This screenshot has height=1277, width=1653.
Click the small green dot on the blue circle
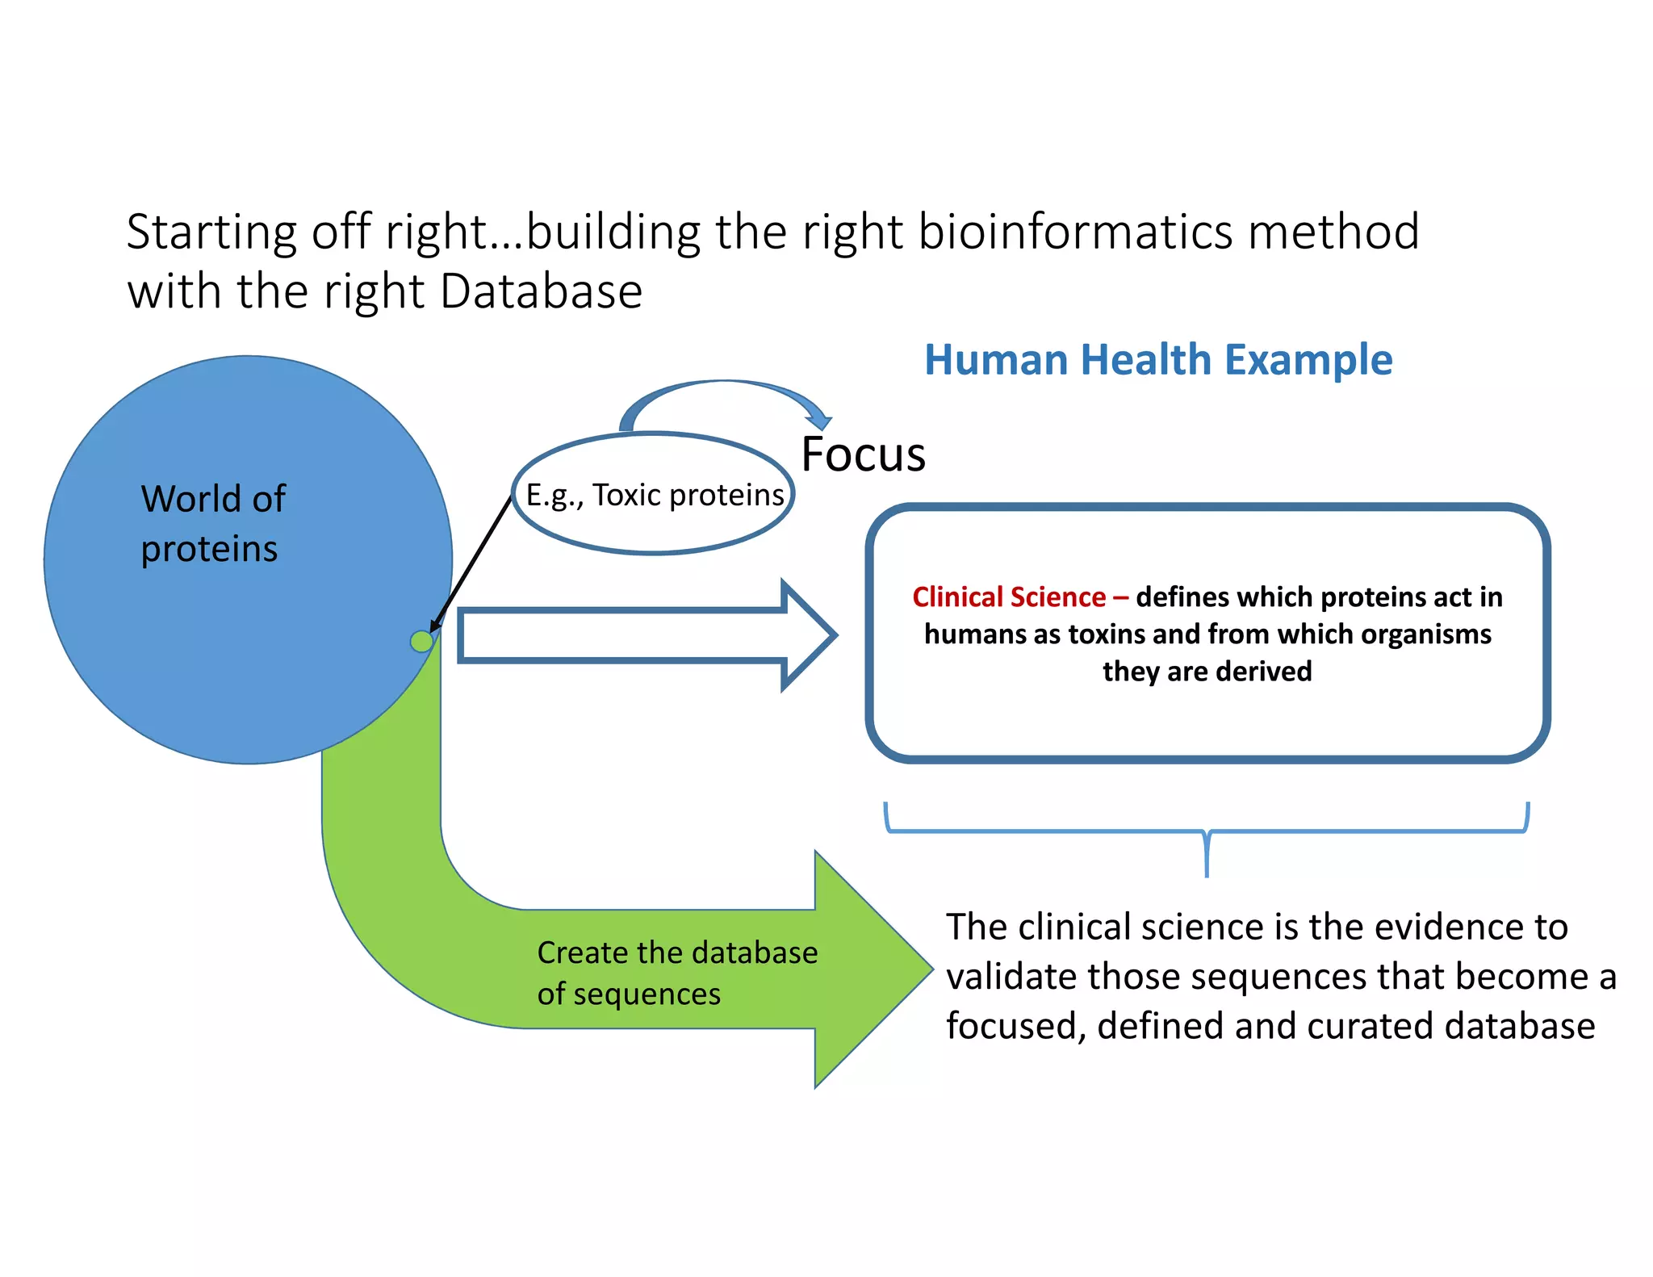click(421, 642)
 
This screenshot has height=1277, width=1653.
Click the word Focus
click(863, 454)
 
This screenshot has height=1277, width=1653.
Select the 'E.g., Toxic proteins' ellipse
click(654, 495)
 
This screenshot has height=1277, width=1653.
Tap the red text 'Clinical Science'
click(1009, 597)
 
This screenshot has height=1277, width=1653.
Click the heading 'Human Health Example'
click(1158, 360)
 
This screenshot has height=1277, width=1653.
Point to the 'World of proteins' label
click(212, 523)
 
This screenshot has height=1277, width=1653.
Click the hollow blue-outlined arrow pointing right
click(646, 636)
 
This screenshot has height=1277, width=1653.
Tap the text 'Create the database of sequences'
click(676, 973)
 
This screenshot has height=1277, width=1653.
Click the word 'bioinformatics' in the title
click(1075, 232)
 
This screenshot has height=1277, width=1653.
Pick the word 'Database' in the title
click(541, 291)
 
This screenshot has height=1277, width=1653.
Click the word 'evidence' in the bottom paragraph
click(1448, 927)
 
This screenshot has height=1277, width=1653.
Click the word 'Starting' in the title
click(211, 232)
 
